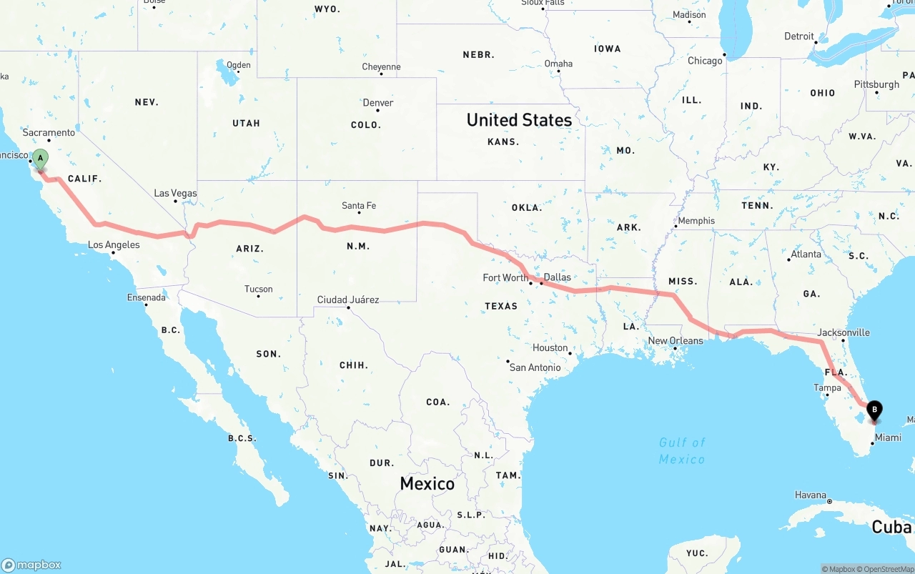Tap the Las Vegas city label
pos(175,194)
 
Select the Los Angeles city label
pos(114,245)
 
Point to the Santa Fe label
pos(359,206)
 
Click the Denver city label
pos(378,103)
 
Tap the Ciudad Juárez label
pos(348,300)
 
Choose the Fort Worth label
pos(505,277)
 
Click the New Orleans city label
pos(676,341)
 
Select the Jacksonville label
pos(844,332)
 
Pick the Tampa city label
pos(827,388)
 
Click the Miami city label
pos(888,437)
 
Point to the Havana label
pos(811,495)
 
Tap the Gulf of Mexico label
pos(682,450)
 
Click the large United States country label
pos(519,120)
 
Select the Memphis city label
pos(696,221)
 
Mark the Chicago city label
pos(705,61)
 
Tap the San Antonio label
pos(535,367)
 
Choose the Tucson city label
pos(258,290)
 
